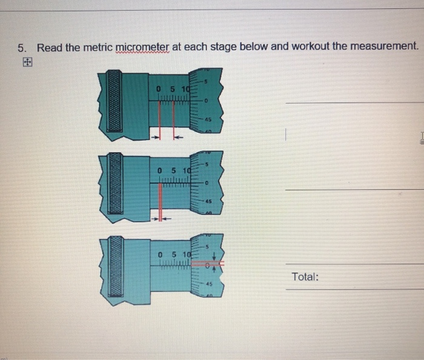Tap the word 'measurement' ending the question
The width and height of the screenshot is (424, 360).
pos(383,47)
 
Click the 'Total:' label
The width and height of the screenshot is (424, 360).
pos(305,277)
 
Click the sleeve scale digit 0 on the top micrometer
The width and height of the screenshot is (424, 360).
pos(158,91)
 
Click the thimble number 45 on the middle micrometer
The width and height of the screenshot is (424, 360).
pos(208,201)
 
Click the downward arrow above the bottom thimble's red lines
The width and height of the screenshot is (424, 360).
pos(220,255)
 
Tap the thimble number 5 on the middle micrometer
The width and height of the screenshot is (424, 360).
pos(207,163)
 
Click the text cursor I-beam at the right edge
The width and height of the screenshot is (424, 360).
pos(419,139)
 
